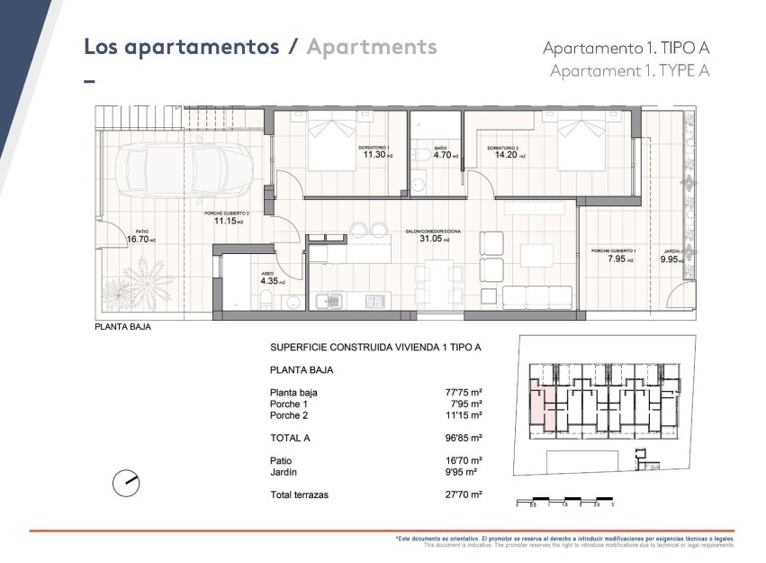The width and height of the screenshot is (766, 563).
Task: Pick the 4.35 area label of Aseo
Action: click(x=270, y=281)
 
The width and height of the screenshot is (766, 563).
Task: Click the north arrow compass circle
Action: click(x=126, y=484)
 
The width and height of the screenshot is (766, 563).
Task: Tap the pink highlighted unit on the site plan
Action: click(x=538, y=404)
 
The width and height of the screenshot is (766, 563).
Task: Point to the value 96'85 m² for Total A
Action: click(x=464, y=438)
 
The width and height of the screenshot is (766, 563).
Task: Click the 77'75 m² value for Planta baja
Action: click(x=464, y=393)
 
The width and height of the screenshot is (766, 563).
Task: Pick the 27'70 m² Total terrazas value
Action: click(x=464, y=495)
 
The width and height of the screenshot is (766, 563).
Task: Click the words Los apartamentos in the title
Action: click(x=181, y=47)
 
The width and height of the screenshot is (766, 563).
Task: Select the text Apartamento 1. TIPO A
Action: click(x=626, y=49)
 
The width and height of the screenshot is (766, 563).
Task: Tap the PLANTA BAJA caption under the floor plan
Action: click(x=122, y=327)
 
